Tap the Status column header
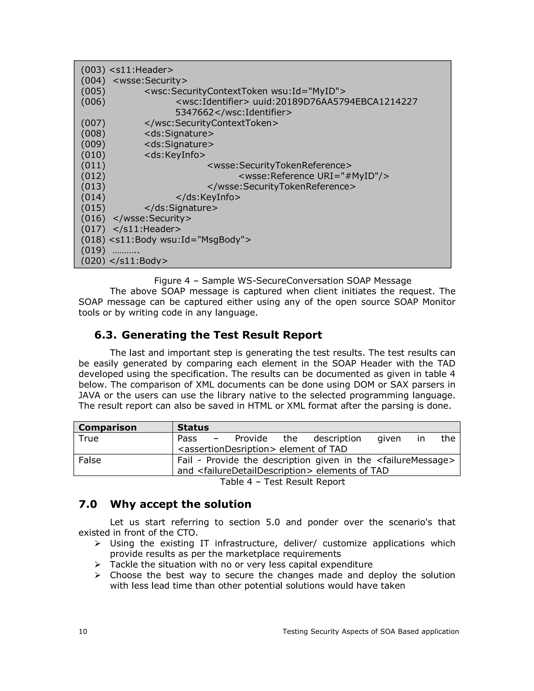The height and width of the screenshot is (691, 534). pos(193,427)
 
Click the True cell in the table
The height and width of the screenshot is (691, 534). pos(89,439)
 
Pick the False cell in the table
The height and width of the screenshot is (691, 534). pos(90,460)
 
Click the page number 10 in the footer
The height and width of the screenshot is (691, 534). pos(83,632)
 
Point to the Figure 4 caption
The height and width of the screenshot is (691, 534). pos(282,281)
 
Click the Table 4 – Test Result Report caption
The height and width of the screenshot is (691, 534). pos(282,482)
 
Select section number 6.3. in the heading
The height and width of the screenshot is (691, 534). pos(105,335)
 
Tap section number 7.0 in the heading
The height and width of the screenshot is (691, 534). pos(88,504)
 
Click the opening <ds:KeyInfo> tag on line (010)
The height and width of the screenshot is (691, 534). pos(175,155)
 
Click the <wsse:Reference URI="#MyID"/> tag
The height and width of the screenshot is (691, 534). pos(313,176)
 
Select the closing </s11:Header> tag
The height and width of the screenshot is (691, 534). pos(147,229)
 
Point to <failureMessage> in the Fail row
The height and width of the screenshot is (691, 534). pos(416,460)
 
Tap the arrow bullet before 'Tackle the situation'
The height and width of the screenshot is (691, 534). pos(98,565)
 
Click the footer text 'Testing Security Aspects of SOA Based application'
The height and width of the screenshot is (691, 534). pos(371,632)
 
